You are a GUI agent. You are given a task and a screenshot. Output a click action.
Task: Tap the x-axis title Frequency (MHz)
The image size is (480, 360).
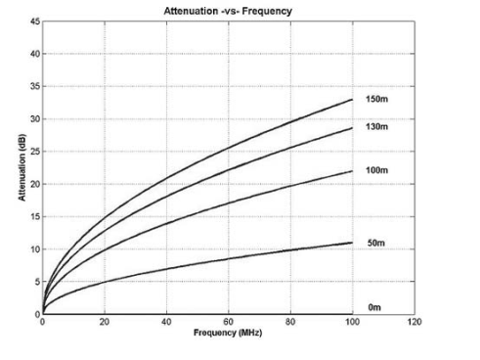[227, 335]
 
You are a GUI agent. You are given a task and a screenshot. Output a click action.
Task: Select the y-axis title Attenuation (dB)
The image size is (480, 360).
[20, 168]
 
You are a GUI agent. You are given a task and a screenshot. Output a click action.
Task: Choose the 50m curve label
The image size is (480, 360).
[375, 242]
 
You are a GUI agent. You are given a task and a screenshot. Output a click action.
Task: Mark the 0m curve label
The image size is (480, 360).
[373, 307]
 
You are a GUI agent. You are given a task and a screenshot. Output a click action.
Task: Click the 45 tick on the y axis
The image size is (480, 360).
[34, 21]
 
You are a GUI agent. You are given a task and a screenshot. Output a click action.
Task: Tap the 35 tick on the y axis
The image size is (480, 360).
[34, 86]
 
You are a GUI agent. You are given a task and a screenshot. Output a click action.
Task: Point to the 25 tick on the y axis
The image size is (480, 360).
[34, 152]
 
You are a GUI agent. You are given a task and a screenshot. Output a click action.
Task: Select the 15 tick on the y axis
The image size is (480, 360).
[34, 216]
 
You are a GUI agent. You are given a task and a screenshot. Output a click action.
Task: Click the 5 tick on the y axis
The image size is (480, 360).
[36, 282]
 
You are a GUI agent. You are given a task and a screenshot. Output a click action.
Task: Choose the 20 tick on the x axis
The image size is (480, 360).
[104, 323]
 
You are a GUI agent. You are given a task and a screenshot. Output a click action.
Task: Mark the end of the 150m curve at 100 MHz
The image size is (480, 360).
[352, 100]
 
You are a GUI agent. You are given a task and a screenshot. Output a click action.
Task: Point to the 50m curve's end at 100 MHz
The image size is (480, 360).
[352, 243]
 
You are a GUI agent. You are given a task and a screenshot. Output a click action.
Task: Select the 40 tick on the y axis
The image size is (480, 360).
[34, 54]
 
